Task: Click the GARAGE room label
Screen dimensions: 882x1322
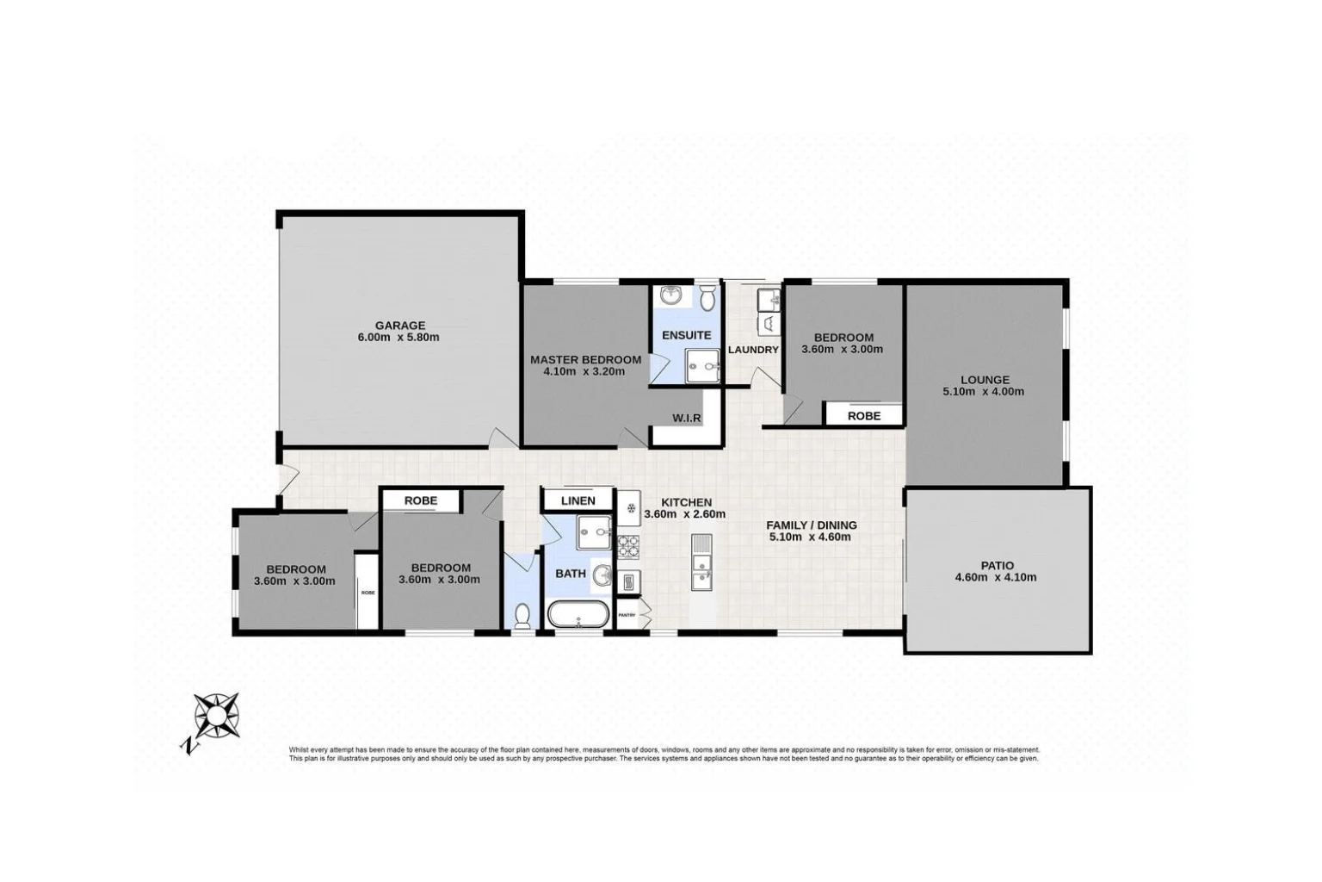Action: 399,326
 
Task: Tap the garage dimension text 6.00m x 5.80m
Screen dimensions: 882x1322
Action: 398,338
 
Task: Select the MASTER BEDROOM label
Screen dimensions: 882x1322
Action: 585,360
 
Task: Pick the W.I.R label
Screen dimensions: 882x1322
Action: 686,419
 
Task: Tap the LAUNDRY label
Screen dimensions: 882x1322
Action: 753,350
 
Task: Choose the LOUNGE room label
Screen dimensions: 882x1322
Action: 985,380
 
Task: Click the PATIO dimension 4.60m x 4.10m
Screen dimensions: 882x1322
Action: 995,578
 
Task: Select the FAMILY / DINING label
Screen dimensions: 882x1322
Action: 811,525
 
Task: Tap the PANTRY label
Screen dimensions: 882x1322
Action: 627,615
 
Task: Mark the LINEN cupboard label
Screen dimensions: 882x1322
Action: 578,500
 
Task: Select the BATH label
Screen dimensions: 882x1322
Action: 571,574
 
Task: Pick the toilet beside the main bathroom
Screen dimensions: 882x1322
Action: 522,615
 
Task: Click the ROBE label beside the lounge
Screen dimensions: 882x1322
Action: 863,415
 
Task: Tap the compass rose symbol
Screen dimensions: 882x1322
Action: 217,716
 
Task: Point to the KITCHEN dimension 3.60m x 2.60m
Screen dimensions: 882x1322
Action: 685,514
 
